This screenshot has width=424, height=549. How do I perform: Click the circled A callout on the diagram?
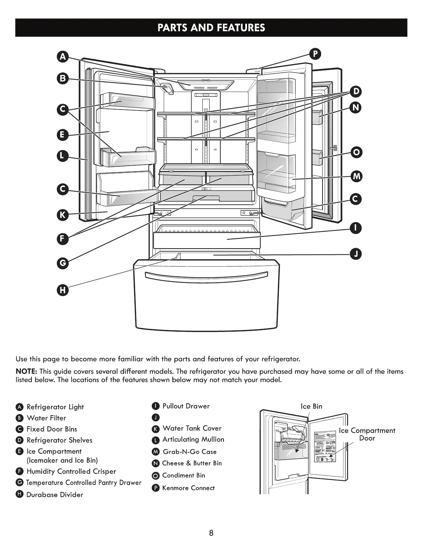pyautogui.click(x=63, y=57)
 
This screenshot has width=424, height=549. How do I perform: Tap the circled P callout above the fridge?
pyautogui.click(x=315, y=54)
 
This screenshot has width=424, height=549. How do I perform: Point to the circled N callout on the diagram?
pyautogui.click(x=356, y=108)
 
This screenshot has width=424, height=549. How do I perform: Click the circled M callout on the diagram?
pyautogui.click(x=356, y=176)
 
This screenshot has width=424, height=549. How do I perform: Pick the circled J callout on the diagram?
pyautogui.click(x=356, y=254)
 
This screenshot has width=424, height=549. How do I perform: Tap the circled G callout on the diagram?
pyautogui.click(x=63, y=263)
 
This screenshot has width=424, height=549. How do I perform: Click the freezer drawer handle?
pyautogui.click(x=206, y=274)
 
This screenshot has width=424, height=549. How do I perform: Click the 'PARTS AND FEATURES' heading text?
pyautogui.click(x=211, y=28)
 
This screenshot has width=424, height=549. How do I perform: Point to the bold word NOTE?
pyautogui.click(x=26, y=372)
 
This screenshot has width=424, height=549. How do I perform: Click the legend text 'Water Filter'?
pyautogui.click(x=46, y=418)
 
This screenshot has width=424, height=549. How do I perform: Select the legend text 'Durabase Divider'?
pyautogui.click(x=55, y=495)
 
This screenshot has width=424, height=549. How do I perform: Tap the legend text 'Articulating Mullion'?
pyautogui.click(x=193, y=439)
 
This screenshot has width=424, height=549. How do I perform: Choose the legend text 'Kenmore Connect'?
pyautogui.click(x=188, y=488)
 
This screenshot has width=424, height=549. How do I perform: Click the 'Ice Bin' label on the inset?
pyautogui.click(x=311, y=406)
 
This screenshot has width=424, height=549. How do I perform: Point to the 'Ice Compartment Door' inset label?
pyautogui.click(x=367, y=434)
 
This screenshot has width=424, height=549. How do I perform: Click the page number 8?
pyautogui.click(x=211, y=533)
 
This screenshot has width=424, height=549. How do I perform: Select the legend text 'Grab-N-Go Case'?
pyautogui.click(x=189, y=452)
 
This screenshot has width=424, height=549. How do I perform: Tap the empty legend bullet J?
pyautogui.click(x=156, y=417)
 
